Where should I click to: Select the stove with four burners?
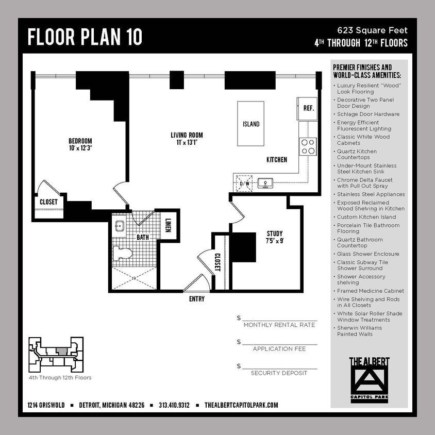pos(308,146)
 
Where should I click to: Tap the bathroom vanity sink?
pos(120,226)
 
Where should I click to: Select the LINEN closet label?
pos(169,225)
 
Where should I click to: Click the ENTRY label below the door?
pos(196,299)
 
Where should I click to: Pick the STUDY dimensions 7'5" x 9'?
pos(274,241)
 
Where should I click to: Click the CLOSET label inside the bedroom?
pos(48,202)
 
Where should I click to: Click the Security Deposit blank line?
pos(279,367)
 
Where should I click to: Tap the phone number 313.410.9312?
pos(174,405)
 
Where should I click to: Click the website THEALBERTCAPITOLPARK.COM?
pos(241,405)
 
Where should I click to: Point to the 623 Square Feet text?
pos(372,30)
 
